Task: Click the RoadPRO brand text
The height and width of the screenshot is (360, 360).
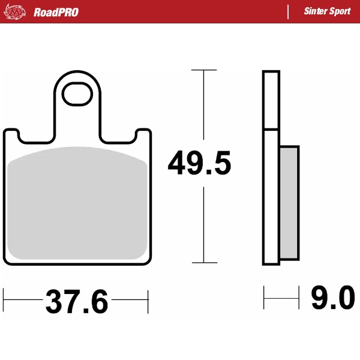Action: click(x=56, y=12)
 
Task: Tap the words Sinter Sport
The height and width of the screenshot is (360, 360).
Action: click(x=327, y=12)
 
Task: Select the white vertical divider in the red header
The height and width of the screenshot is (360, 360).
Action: click(x=289, y=12)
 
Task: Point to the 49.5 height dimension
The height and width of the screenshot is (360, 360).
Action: click(x=199, y=164)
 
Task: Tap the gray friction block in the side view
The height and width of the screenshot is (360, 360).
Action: click(x=289, y=203)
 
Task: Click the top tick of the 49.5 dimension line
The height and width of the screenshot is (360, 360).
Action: click(x=204, y=70)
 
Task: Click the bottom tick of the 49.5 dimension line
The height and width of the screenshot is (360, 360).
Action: click(x=204, y=263)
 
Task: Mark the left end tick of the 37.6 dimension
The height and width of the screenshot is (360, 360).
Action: click(x=4, y=298)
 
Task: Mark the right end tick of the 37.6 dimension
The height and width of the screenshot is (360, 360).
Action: click(x=148, y=298)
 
